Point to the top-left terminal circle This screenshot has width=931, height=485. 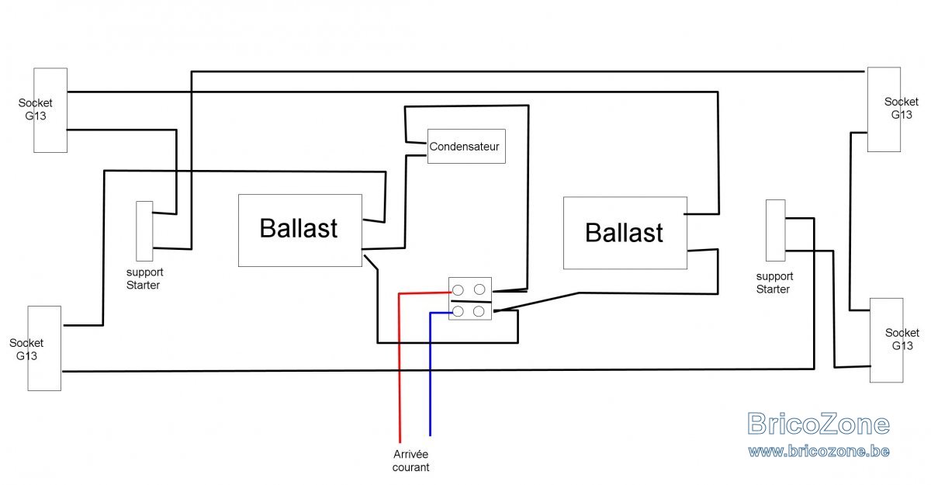[x=458, y=289]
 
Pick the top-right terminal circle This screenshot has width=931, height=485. [x=479, y=289]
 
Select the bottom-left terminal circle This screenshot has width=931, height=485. [x=458, y=311]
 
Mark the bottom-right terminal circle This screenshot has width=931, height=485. [x=479, y=311]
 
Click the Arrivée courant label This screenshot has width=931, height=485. [x=410, y=460]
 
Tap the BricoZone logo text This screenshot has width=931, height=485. [x=819, y=424]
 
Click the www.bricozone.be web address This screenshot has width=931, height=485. [x=819, y=451]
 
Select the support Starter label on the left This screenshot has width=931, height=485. [x=144, y=279]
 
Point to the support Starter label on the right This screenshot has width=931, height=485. [x=774, y=282]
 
